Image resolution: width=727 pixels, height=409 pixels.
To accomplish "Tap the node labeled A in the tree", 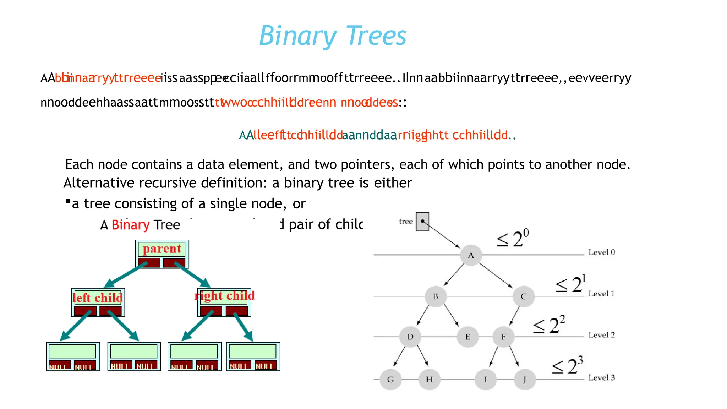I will click(471, 255).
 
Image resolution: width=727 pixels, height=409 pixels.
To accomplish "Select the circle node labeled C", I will click(523, 296).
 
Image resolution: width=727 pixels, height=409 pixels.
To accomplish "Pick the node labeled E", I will click(468, 337).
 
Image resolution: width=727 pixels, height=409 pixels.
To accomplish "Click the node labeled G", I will click(390, 380).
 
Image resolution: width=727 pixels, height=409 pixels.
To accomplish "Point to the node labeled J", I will click(525, 380).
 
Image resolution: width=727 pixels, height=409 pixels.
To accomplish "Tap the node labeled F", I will click(503, 337).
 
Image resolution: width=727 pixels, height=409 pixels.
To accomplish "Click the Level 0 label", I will click(601, 252).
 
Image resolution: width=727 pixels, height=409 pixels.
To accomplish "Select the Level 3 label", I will click(601, 378).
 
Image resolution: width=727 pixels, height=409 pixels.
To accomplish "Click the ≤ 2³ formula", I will click(567, 366).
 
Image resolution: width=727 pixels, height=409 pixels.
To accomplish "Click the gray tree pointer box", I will click(422, 222).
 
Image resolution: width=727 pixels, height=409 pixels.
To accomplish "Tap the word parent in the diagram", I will click(162, 249).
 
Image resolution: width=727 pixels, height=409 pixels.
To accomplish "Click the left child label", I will click(98, 298).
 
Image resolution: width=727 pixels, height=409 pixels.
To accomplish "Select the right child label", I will click(224, 296).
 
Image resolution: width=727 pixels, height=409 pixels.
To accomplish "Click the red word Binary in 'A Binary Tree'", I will click(131, 225).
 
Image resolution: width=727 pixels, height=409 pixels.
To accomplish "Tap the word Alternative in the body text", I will click(99, 183).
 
